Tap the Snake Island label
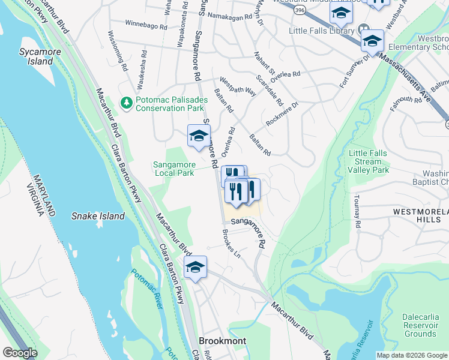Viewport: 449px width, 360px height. point(98,216)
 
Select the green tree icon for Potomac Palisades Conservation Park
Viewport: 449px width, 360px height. point(126,103)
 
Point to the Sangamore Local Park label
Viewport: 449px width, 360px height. point(173,168)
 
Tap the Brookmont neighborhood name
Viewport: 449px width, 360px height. point(222,341)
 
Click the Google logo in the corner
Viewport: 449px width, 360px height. point(20,353)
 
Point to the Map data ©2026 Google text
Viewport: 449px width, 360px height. point(412,355)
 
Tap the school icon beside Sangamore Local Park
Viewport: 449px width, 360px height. point(198,136)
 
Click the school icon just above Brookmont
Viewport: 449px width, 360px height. point(195,268)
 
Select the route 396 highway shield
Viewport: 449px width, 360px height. point(298,10)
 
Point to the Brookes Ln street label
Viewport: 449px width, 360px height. point(231,245)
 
